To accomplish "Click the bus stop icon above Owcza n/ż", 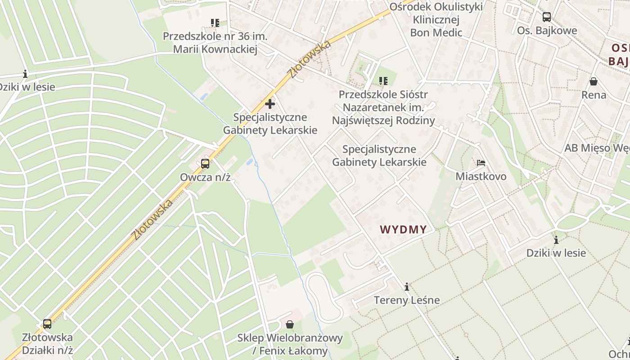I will [205, 164].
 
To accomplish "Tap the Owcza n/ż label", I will [205, 177].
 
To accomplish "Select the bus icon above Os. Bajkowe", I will [547, 17].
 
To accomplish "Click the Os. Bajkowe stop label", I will [547, 31].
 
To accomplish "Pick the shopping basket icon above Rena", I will [594, 81].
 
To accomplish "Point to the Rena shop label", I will [594, 95].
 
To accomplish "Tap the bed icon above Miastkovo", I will [481, 162].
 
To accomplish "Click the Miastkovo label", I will [481, 176].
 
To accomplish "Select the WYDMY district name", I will [403, 229].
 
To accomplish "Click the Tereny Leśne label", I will [407, 300].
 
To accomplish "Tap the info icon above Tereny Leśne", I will [407, 287].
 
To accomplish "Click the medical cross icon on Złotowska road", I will [270, 104].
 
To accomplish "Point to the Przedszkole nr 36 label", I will [215, 42].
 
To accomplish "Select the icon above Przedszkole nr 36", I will [215, 22].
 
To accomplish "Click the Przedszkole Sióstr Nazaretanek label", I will [383, 108].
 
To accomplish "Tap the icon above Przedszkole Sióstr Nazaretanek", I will [383, 81].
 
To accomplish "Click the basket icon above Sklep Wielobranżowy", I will [290, 324].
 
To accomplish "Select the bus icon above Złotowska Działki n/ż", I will [47, 324].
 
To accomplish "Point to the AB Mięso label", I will [597, 148].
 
